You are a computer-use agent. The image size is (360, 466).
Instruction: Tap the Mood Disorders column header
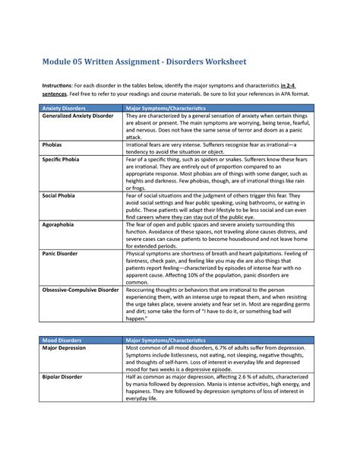58,340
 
